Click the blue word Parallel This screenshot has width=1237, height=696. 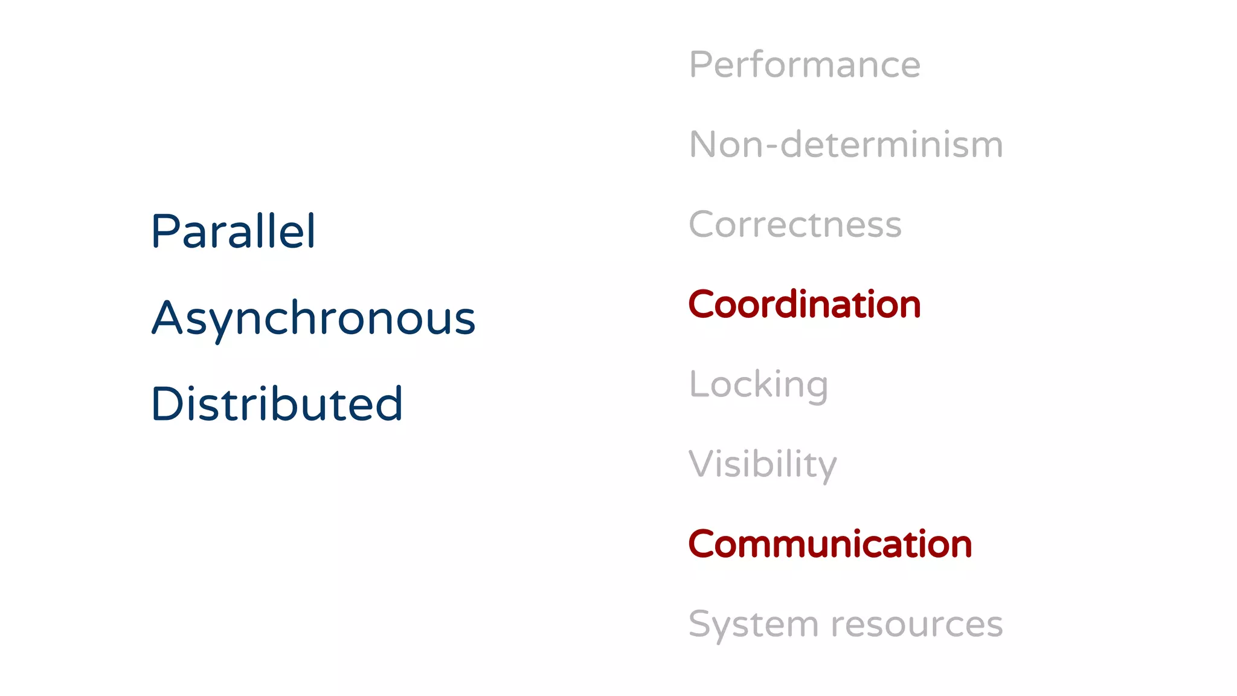coord(233,231)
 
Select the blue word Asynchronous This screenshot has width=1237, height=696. coord(313,318)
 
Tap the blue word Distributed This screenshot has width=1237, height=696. coord(277,404)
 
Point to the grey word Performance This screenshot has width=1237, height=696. coord(805,65)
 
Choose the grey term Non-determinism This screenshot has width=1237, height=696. coord(846,145)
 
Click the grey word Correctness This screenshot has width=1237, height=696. coord(795,225)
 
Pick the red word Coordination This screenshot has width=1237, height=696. coord(805,304)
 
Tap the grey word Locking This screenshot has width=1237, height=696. coord(759,385)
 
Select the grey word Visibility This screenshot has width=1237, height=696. coord(763,465)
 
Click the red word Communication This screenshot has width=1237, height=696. coord(830,544)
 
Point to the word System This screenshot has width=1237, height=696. coord(753,625)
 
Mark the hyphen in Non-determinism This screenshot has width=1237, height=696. coord(771,147)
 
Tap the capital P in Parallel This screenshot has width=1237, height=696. coord(164,231)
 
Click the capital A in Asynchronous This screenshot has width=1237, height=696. coord(167,318)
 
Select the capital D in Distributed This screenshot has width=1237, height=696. coord(167,404)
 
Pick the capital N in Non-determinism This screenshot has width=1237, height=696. coord(704,145)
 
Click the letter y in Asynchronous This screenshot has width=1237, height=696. coord(220,323)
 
